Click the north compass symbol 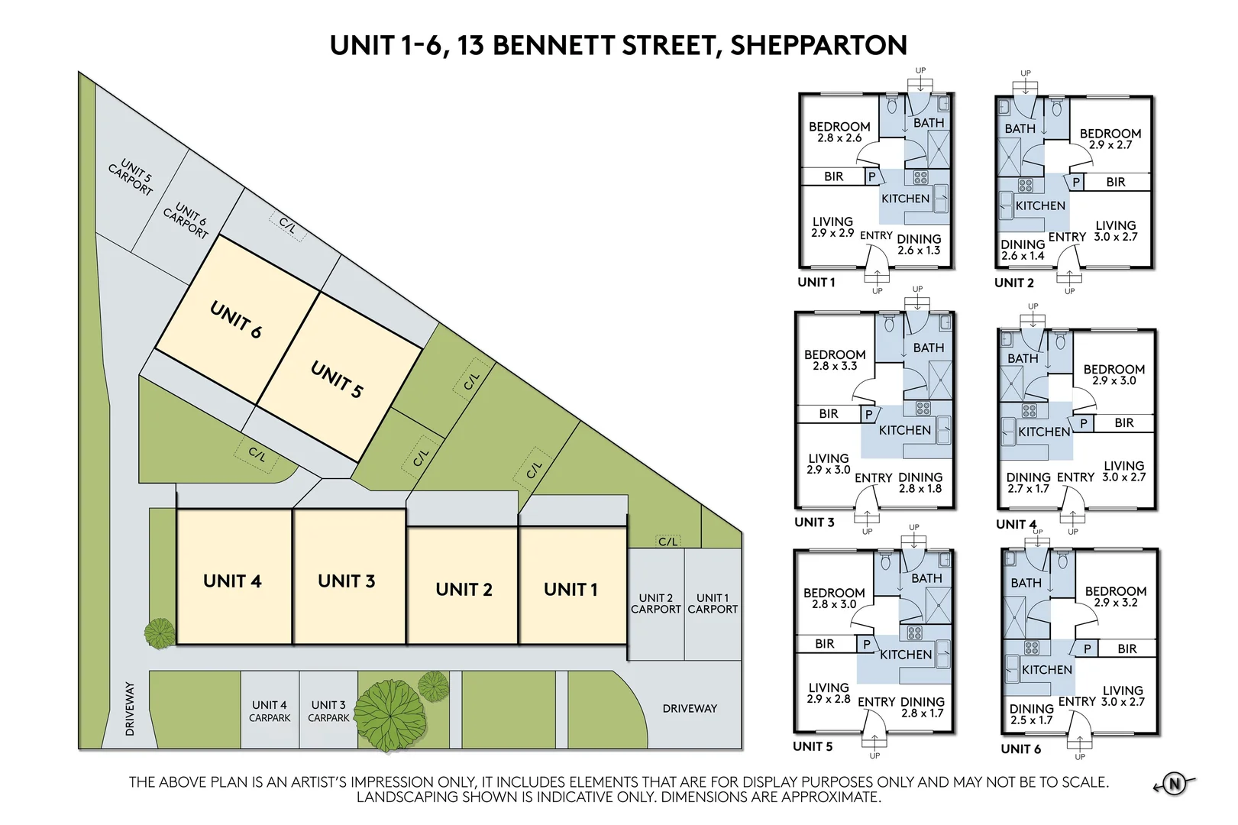(x=1175, y=784)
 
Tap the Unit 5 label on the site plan (x=337, y=380)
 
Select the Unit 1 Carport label (x=713, y=603)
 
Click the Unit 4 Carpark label (x=269, y=711)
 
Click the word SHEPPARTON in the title (x=819, y=45)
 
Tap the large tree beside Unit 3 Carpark (x=390, y=716)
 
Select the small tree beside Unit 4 (x=160, y=633)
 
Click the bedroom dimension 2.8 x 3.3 (x=835, y=366)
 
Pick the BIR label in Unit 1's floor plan (x=833, y=176)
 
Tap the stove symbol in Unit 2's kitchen (x=1025, y=185)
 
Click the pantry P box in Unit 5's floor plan (x=867, y=644)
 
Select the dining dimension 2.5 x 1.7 (x=1031, y=720)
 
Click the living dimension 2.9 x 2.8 (x=828, y=699)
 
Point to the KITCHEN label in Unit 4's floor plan (x=1044, y=432)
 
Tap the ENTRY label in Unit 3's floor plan (x=873, y=477)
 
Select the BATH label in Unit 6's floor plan (x=1026, y=583)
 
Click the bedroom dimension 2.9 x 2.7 (x=1110, y=145)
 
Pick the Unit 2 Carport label (x=655, y=603)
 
